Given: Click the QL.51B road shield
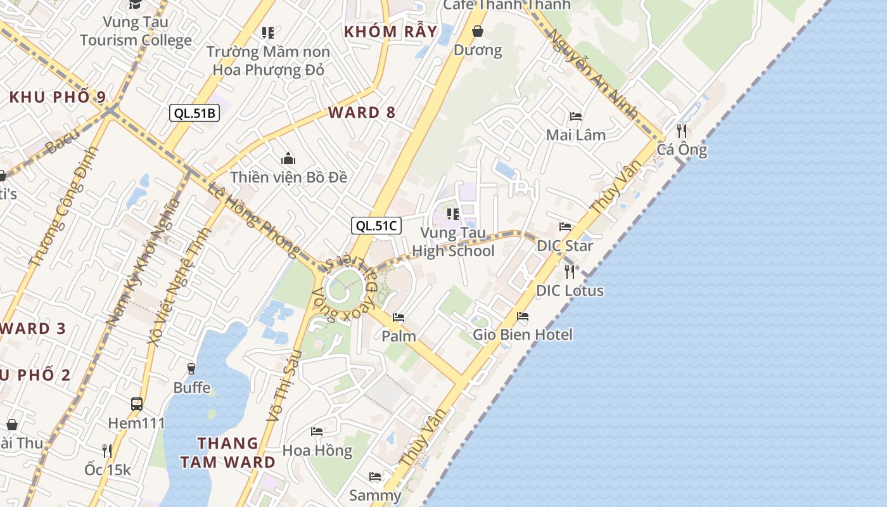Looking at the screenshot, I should (195, 113).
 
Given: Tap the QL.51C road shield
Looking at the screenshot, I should (377, 225).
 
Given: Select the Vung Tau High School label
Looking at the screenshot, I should (453, 242).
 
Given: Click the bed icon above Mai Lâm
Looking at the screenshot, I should (576, 117).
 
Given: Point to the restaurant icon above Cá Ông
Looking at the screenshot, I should (682, 131).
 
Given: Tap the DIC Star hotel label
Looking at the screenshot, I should (565, 245).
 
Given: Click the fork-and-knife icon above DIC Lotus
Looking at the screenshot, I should (570, 272).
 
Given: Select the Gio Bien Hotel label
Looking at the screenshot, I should (523, 334).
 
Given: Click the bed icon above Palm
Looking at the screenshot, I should (399, 317).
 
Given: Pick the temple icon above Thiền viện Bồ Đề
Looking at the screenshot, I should (288, 158).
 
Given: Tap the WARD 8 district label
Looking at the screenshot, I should (362, 113).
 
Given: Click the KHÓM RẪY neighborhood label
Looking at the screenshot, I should (390, 31).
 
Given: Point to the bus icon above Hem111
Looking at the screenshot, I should (136, 404).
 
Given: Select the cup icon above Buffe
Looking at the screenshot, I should (191, 368).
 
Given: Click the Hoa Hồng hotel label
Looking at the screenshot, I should (317, 451).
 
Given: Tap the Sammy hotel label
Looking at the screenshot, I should (375, 495).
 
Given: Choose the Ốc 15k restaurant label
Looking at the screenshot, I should (108, 470).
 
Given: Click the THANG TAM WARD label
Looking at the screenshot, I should (227, 452).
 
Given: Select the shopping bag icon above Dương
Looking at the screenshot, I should (478, 31).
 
